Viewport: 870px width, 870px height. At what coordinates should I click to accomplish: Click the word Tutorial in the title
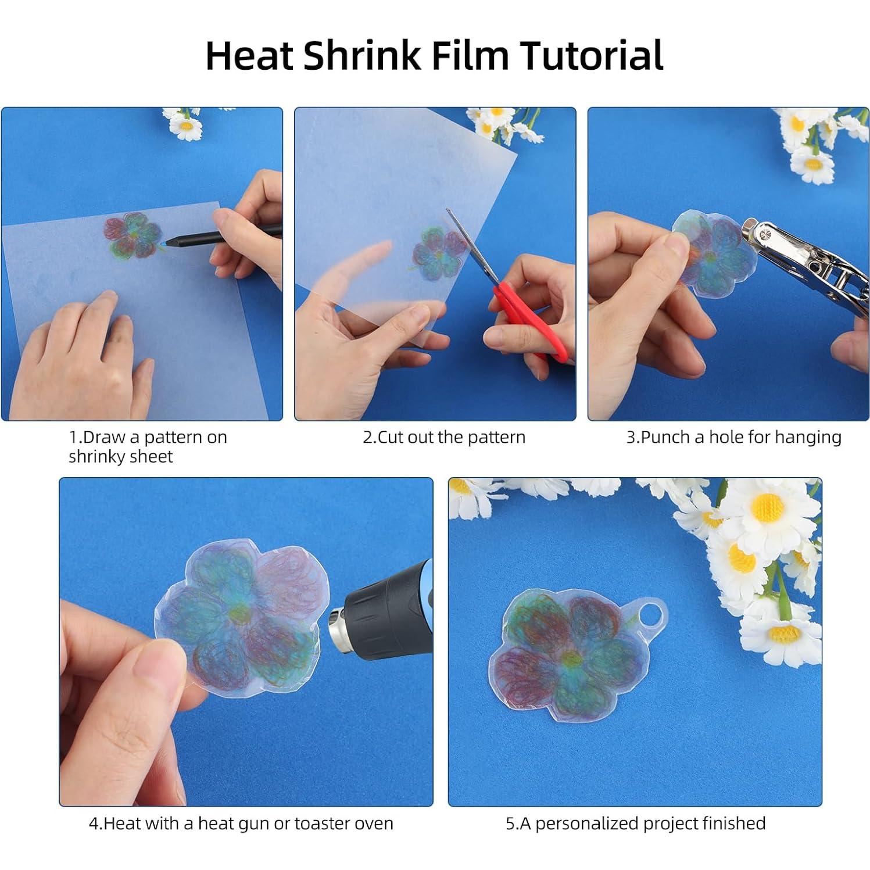(591, 56)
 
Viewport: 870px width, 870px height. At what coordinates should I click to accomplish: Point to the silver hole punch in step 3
(802, 250)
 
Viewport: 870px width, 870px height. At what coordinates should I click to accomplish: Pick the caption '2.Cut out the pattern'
(444, 437)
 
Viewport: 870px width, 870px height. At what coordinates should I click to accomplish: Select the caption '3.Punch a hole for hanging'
(733, 437)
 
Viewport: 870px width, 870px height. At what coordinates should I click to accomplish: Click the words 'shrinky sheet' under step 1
(120, 457)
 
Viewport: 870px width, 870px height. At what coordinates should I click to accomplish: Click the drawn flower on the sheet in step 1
(133, 235)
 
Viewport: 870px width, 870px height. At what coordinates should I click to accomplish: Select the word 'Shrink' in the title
(361, 56)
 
